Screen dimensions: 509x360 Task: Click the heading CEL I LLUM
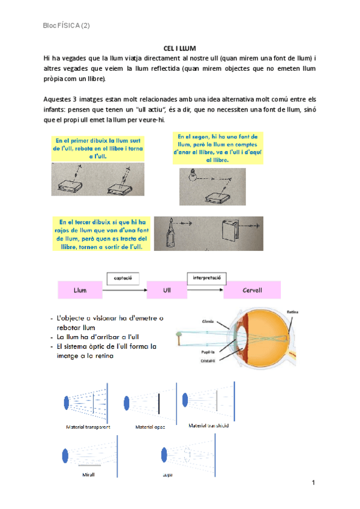tap(180, 48)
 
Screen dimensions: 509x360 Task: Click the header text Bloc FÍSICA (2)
tap(67, 25)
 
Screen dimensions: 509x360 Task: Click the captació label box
tap(127, 278)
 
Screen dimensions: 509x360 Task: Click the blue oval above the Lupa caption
tap(166, 456)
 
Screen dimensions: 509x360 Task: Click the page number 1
tap(313, 483)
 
